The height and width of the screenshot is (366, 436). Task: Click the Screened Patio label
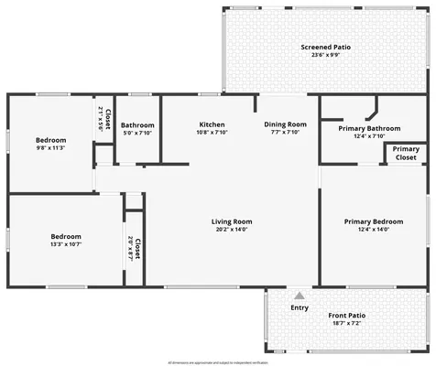pos(326,47)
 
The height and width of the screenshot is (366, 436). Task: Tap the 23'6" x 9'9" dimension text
pos(326,55)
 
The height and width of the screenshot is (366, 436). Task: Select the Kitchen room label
pos(213,124)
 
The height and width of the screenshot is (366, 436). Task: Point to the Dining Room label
pos(285,124)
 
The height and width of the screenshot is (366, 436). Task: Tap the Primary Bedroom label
pos(373,221)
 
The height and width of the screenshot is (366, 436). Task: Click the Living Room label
pos(232,221)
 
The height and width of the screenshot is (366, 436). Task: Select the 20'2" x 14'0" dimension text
pos(232,230)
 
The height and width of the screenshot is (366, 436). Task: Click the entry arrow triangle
pos(299,296)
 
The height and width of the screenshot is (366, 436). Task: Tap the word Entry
pos(299,307)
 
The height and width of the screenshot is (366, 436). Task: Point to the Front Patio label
pos(347,316)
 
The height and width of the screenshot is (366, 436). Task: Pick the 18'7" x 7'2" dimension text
pos(347,324)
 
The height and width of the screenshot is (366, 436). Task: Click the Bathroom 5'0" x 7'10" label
pos(137,128)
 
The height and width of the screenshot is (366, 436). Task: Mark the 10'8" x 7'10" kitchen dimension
pos(213,132)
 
